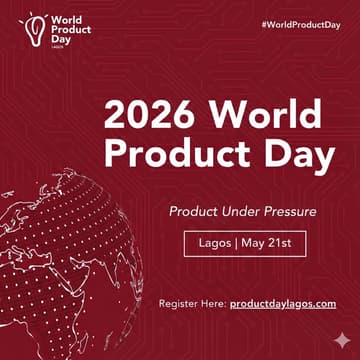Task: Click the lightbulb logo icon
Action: (x=36, y=27)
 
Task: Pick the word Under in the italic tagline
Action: (x=233, y=212)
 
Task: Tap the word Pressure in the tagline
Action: (x=286, y=212)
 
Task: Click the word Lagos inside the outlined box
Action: (x=211, y=243)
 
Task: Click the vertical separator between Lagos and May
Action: (x=232, y=243)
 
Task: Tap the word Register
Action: (x=179, y=302)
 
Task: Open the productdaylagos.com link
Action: (x=283, y=302)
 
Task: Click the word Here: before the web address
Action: (x=214, y=302)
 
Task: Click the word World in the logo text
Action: (x=68, y=18)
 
